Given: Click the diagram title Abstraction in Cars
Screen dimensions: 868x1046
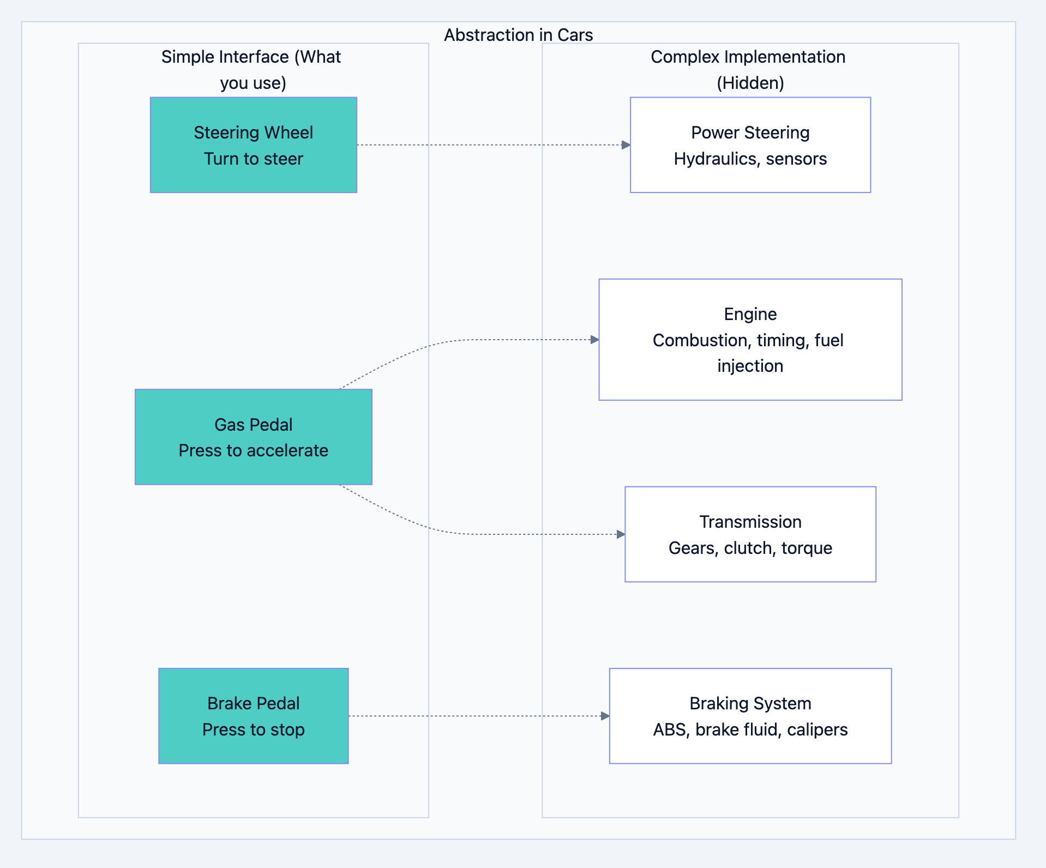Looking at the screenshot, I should tap(518, 35).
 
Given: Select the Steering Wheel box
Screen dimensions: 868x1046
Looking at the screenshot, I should tap(253, 144).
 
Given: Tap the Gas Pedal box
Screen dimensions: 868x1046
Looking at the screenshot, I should tap(253, 436).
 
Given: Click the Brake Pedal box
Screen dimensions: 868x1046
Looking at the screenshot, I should tap(253, 715).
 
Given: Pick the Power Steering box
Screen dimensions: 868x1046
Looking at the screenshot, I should tap(750, 144).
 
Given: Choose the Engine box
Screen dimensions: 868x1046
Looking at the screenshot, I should tap(750, 339).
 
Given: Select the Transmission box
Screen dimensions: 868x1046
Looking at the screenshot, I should tap(750, 534).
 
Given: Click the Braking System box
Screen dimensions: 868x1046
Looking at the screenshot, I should tap(750, 715).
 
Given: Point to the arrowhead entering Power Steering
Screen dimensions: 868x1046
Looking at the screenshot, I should tap(626, 145).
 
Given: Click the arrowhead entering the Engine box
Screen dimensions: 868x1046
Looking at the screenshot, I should tap(594, 340).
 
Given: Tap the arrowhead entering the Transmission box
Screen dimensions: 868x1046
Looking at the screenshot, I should tap(621, 534).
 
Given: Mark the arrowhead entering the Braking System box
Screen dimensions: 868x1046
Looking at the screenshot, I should tap(605, 716).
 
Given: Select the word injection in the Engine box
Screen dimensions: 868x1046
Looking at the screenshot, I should tap(750, 366).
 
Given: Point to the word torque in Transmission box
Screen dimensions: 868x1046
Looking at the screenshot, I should tap(807, 548).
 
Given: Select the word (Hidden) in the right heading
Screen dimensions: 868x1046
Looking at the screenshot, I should tap(750, 83).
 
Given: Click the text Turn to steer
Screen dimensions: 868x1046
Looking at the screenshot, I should tap(253, 159).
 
